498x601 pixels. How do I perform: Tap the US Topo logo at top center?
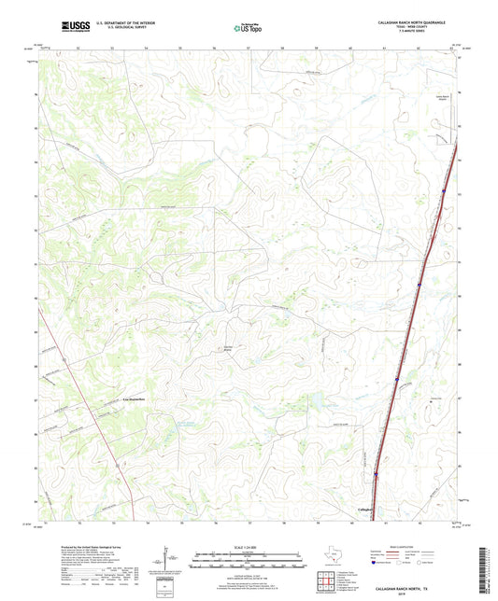tap(249, 28)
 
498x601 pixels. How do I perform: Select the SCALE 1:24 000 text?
tap(249, 547)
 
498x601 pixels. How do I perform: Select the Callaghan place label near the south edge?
tap(371, 509)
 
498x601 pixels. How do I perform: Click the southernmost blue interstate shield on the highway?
tap(377, 473)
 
